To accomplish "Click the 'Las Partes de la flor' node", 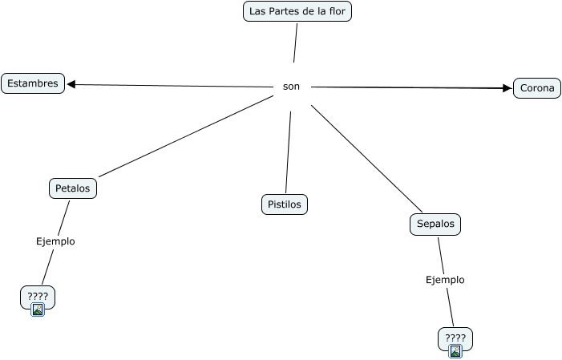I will (x=297, y=11).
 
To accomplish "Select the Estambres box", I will (x=33, y=83).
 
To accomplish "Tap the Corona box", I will (x=536, y=88).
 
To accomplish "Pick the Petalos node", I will (x=73, y=188).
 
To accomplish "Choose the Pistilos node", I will (x=285, y=204).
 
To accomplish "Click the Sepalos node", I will (x=435, y=224).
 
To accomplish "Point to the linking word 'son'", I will (x=291, y=87).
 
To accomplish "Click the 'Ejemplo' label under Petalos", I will (x=55, y=241).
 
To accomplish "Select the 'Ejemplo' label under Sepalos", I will (x=445, y=280).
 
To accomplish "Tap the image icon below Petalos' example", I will (x=38, y=309).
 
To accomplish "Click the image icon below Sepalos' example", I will (x=455, y=350).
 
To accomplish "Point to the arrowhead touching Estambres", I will (x=71, y=83).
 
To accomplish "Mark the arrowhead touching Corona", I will (x=507, y=88).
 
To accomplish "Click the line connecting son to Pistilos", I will (x=288, y=152).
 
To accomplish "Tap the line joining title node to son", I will (x=296, y=42).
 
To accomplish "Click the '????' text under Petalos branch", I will (x=38, y=296).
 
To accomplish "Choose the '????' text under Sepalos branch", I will (x=455, y=337).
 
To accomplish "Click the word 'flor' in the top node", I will (x=338, y=11).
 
